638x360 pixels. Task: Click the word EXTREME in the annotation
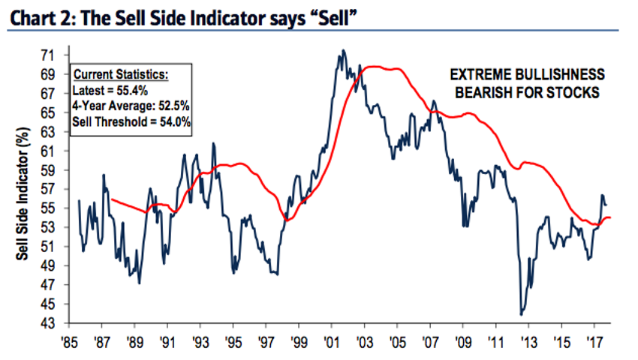pyautogui.click(x=477, y=76)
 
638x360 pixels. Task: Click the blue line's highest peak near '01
pyautogui.click(x=343, y=51)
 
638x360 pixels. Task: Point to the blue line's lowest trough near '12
pyautogui.click(x=521, y=314)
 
